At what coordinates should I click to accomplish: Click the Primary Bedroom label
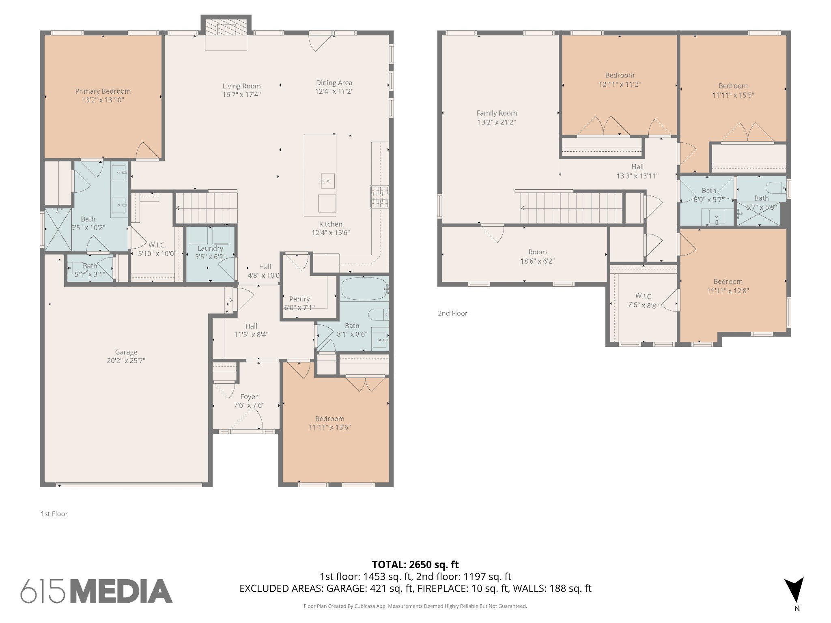[x=103, y=91]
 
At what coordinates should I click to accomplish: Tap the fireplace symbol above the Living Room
[x=226, y=28]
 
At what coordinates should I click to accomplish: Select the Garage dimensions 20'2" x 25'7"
[x=126, y=361]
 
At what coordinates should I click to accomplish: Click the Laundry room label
[x=210, y=248]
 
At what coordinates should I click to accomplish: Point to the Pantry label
[x=299, y=299]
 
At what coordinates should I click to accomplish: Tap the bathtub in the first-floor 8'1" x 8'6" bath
[x=364, y=289]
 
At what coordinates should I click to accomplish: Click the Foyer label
[x=249, y=397]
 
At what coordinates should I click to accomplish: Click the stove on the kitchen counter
[x=379, y=197]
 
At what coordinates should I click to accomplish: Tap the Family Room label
[x=497, y=113]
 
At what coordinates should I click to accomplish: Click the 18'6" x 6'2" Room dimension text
[x=537, y=261]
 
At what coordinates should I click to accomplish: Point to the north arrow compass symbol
[x=794, y=591]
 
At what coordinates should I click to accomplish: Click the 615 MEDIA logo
[x=97, y=591]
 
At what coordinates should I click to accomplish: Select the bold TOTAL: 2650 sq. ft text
[x=415, y=565]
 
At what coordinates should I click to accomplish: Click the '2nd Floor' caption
[x=452, y=313]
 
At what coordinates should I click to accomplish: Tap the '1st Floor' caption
[x=54, y=514]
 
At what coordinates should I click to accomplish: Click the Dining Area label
[x=334, y=83]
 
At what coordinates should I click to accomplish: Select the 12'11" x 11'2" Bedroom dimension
[x=620, y=84]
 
